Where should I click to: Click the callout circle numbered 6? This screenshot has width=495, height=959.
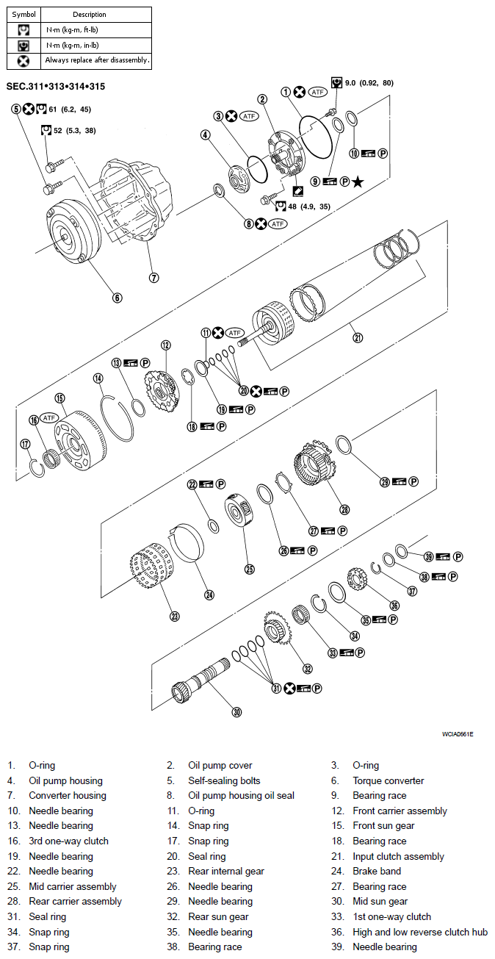pyautogui.click(x=117, y=298)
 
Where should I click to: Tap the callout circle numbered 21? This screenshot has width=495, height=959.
pyautogui.click(x=358, y=337)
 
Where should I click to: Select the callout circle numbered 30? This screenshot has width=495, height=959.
pyautogui.click(x=236, y=711)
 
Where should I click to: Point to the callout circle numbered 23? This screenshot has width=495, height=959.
pyautogui.click(x=174, y=617)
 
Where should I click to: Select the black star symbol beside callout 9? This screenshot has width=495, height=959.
pyautogui.click(x=357, y=182)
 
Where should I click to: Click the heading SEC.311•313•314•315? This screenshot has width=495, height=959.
pyautogui.click(x=55, y=87)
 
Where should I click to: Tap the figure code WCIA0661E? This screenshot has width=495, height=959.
pyautogui.click(x=458, y=734)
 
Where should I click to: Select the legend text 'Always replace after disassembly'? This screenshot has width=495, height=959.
pyautogui.click(x=97, y=60)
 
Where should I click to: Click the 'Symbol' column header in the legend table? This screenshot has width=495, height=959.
pyautogui.click(x=24, y=15)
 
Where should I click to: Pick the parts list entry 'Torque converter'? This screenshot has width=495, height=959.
pyautogui.click(x=388, y=780)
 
